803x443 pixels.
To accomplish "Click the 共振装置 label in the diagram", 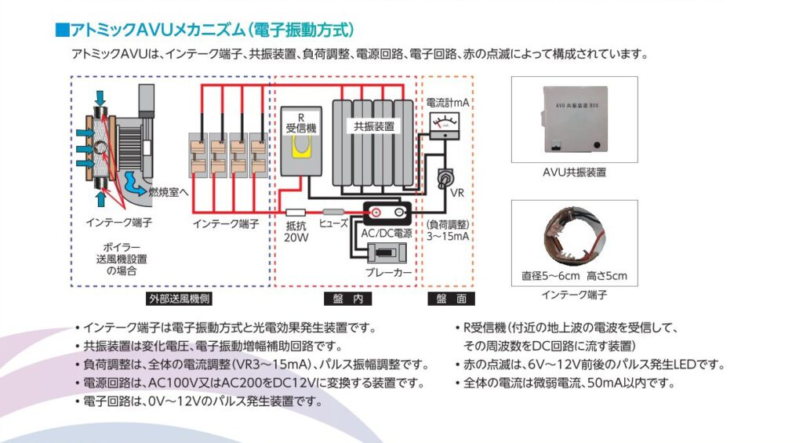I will coord(373,125).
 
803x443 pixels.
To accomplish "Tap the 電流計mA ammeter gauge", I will coord(445,123).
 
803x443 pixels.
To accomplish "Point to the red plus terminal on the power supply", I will coord(376,212).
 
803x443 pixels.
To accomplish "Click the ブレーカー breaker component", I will coord(384,252).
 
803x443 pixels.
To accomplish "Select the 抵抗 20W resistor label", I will coord(296,231).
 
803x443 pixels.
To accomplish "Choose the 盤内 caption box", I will coord(347,299).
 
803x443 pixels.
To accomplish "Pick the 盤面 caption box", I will coord(451,299).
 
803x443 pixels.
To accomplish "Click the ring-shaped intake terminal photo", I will coord(574,235).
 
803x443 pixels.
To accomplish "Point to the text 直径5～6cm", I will coord(551,276).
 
